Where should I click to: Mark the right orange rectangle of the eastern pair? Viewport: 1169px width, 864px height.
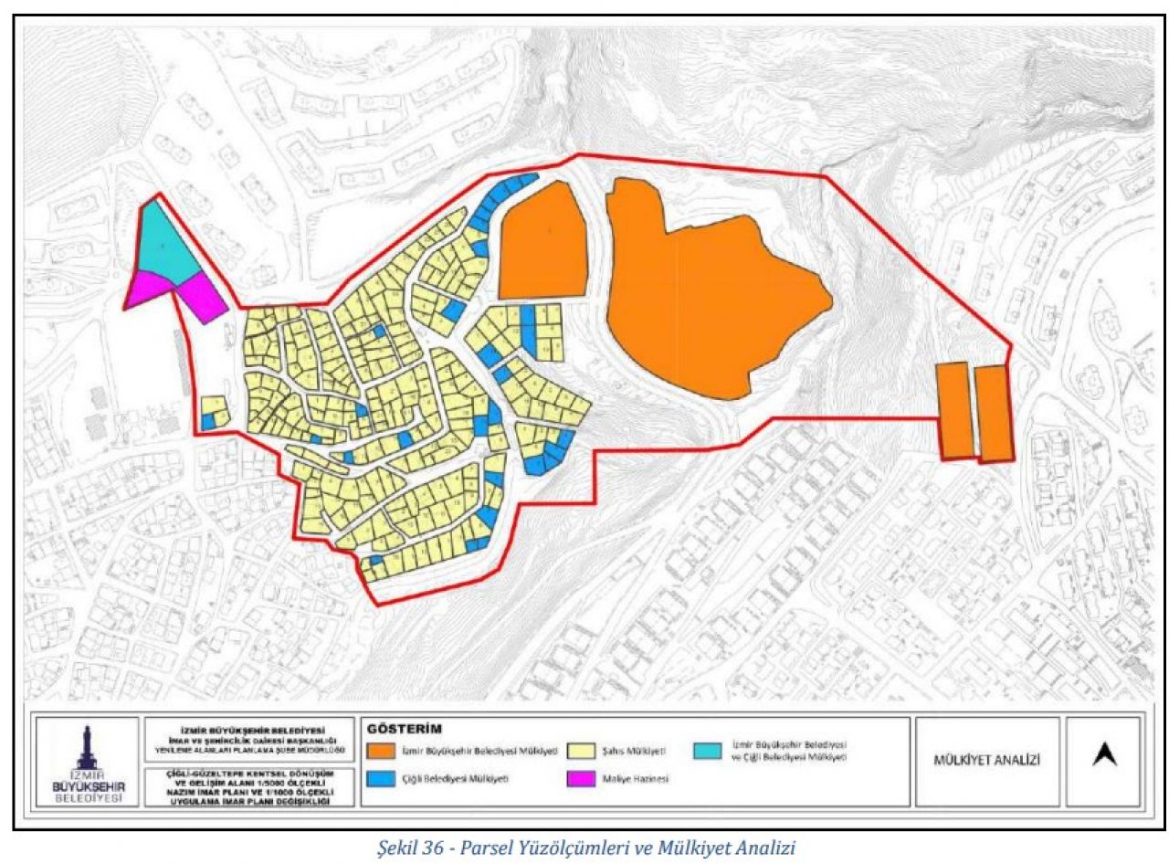(993, 413)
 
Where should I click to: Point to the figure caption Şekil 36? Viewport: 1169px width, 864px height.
(585, 848)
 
